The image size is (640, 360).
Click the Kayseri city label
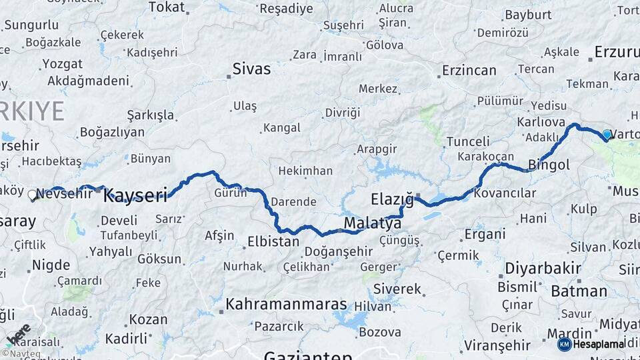pyautogui.click(x=135, y=195)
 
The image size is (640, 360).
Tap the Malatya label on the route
pyautogui.click(x=373, y=223)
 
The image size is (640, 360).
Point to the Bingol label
pyautogui.click(x=549, y=164)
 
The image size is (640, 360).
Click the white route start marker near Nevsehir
pyautogui.click(x=32, y=195)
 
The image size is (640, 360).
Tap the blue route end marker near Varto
pyautogui.click(x=607, y=135)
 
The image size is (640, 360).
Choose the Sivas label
pyautogui.click(x=251, y=69)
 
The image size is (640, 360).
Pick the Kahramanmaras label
pyautogui.click(x=286, y=305)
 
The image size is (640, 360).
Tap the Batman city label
pyautogui.click(x=579, y=291)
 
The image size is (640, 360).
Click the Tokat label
pyautogui.click(x=166, y=7)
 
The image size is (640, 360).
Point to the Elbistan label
pyautogui.click(x=273, y=241)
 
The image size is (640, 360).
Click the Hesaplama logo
pyautogui.click(x=591, y=344)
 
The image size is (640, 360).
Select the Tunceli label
pyautogui.click(x=467, y=141)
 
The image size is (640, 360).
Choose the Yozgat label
pyautogui.click(x=62, y=64)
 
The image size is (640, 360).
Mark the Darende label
pyautogui.click(x=293, y=201)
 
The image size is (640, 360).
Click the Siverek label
pyautogui.click(x=397, y=289)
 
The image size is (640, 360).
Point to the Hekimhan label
pyautogui.click(x=305, y=171)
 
